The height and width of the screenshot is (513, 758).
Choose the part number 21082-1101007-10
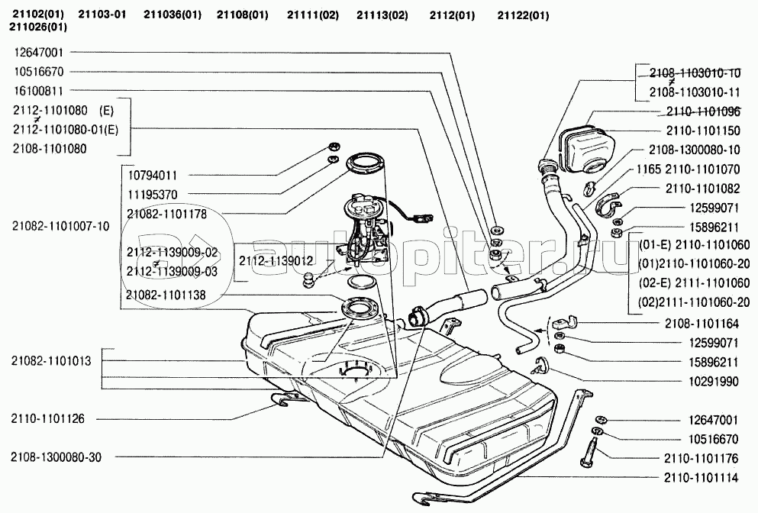[x=61, y=225]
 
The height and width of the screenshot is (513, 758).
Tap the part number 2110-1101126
[x=47, y=418]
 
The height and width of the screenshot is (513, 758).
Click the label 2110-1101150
[x=708, y=131]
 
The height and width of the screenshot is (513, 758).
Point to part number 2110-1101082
[x=708, y=187]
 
